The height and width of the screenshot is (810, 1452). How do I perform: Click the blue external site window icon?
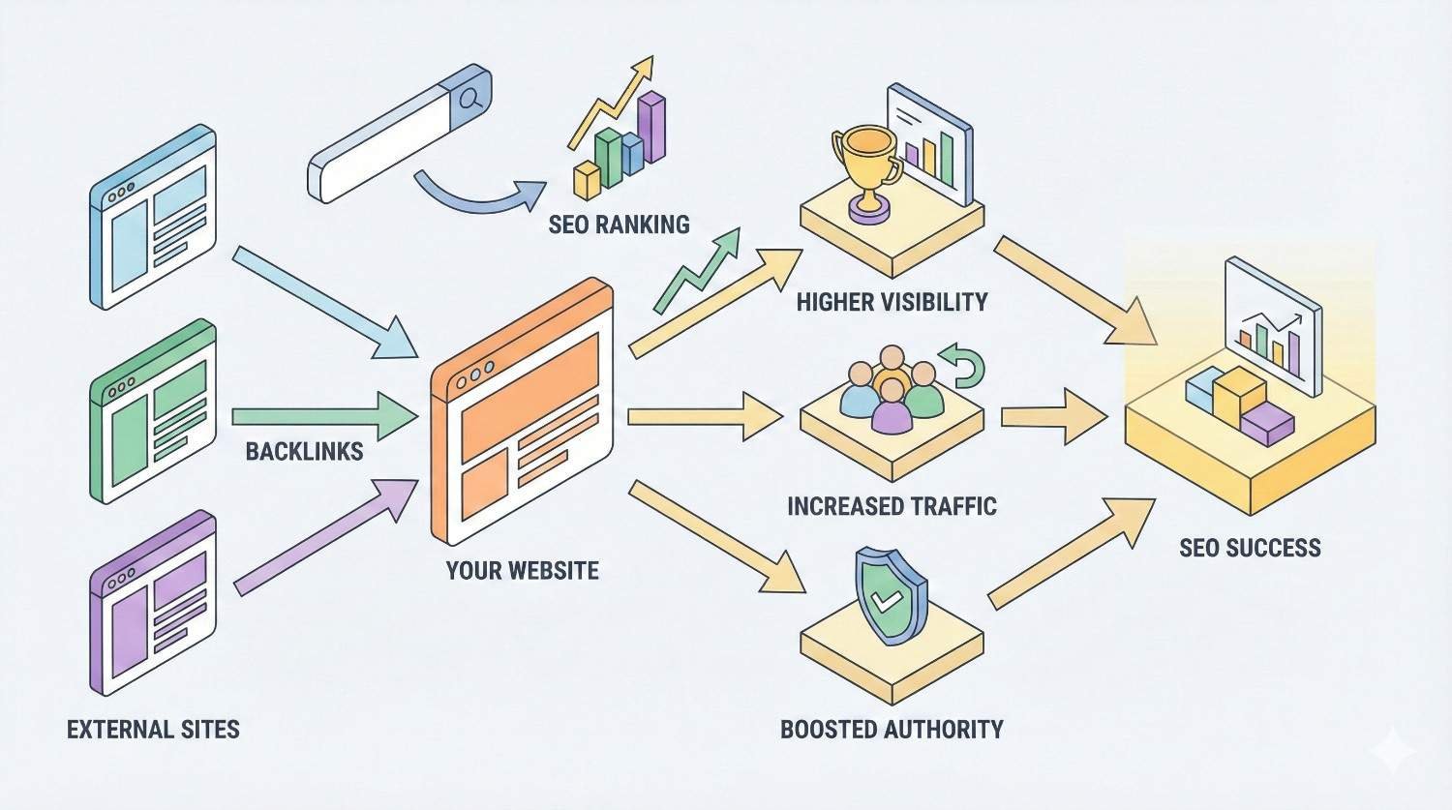(152, 217)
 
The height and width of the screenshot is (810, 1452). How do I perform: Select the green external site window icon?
(152, 411)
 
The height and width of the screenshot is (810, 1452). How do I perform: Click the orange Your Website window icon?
(522, 411)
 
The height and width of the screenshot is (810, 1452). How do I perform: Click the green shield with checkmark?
(888, 596)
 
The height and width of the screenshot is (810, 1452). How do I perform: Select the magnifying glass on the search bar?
(470, 98)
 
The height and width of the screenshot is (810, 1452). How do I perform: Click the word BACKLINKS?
(304, 451)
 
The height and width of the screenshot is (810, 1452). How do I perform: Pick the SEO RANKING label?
(619, 225)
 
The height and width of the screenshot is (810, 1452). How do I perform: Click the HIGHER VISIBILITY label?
(892, 302)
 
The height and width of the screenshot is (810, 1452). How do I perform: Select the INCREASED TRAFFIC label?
(892, 506)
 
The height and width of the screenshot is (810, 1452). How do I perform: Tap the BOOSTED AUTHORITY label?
(892, 729)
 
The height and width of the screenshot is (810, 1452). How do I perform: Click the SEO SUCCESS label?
(1250, 548)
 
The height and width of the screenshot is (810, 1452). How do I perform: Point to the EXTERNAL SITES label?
(153, 729)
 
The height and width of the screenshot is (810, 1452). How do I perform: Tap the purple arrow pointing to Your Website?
(320, 538)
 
